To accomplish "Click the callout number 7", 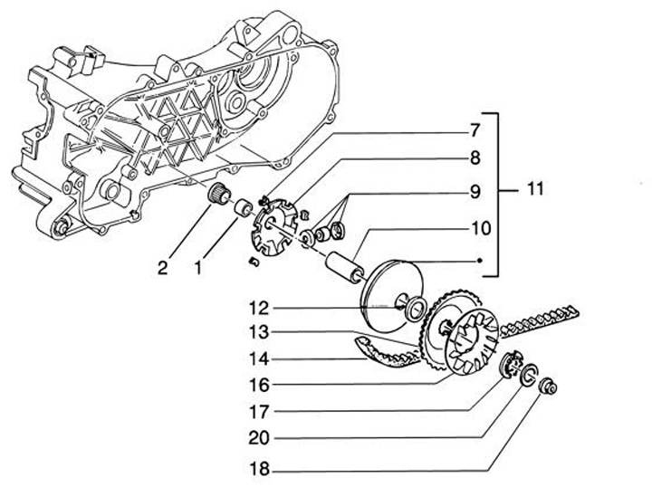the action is pos(475,130).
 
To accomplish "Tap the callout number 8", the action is pos(475,158).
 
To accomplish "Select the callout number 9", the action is pos(475,192).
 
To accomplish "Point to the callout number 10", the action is pos(481,228).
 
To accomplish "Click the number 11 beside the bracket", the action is pos(535,189).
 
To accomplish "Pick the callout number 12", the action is pos(259,309).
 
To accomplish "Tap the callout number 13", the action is pos(259,332).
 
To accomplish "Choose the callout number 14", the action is pos(259,359).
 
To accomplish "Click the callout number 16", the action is pos(259,386).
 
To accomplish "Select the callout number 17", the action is pos(259,412).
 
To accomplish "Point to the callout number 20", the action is pos(259,438).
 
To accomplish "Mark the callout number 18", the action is pos(259,470).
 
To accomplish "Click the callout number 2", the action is pos(163,268).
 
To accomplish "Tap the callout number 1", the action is pos(198,268).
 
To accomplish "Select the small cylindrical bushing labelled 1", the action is pos(244,207).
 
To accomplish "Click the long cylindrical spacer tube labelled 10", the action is pos(345,268).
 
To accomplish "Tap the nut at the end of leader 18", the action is pos(548,387).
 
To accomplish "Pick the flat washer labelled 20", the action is pos(529,373).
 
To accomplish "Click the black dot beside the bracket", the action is pos(479,261).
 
